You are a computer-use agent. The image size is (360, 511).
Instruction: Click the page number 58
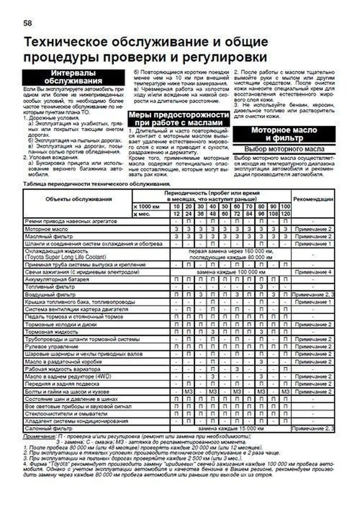pos(28,23)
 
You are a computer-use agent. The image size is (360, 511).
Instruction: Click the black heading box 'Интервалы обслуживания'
pos(73,77)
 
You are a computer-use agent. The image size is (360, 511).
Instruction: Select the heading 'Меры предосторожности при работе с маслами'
pos(179,119)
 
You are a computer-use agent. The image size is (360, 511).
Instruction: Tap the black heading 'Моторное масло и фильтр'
pos(284,134)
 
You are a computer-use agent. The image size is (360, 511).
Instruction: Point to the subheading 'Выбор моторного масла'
pos(284,149)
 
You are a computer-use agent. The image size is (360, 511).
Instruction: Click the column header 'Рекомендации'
pos(313,199)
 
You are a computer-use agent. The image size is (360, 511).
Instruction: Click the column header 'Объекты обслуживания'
pos(78,199)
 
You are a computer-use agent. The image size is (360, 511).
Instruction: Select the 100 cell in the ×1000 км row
pos(285,207)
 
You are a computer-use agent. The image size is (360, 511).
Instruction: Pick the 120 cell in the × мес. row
pos(285,214)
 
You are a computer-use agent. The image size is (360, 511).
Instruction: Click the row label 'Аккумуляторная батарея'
pos(57,279)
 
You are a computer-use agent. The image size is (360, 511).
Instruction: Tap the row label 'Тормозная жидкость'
pos(52,332)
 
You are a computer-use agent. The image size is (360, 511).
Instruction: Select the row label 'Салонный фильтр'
pos(49,429)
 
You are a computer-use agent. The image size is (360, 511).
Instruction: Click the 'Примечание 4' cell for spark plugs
pos(313,272)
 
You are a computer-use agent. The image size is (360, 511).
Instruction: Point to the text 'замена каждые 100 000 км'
pos(231,272)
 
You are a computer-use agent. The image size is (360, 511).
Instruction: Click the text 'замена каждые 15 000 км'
pos(231,429)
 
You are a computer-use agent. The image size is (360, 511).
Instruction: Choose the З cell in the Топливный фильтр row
pos(261,287)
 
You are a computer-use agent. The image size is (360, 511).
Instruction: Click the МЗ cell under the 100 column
pos(285,392)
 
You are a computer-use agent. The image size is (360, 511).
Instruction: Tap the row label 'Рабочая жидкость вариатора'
pos(62,369)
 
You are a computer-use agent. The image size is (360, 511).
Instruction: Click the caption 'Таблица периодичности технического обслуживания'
pos(97,184)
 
